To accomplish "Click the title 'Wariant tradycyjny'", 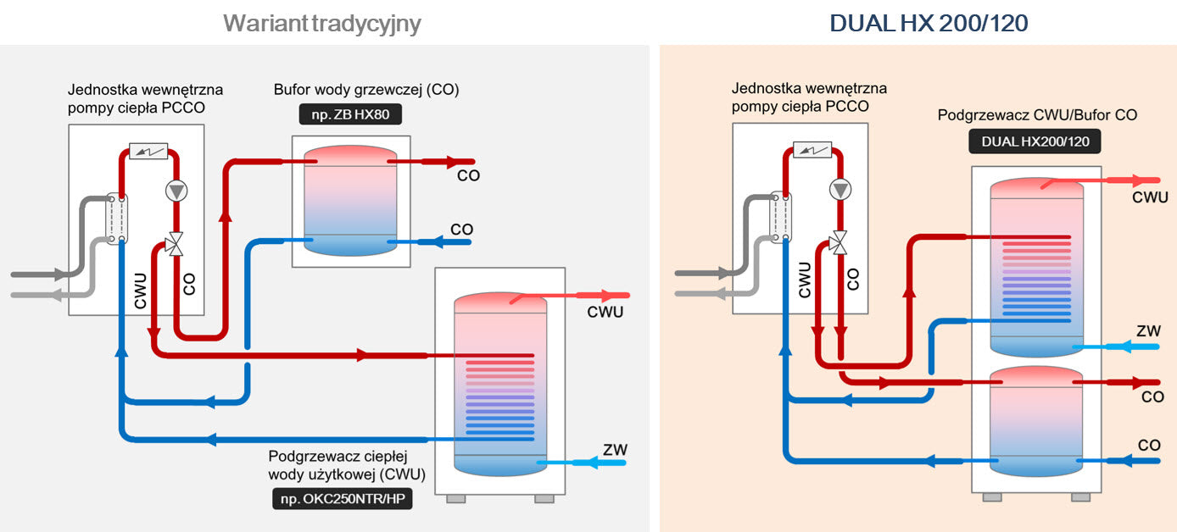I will (x=322, y=23).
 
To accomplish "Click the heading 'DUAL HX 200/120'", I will (x=929, y=23).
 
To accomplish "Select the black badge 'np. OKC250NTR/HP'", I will (x=342, y=499).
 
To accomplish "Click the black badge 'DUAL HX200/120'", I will (x=1035, y=141).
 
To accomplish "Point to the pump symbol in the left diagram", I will (x=176, y=191).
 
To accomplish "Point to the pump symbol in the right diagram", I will (x=840, y=191).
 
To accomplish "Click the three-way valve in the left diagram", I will (x=176, y=245).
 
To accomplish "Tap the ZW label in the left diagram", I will (x=615, y=450).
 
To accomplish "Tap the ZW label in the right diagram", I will (x=1148, y=331).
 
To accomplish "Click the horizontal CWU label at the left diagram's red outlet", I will (x=605, y=313).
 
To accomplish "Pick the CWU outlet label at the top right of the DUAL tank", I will (x=1151, y=197).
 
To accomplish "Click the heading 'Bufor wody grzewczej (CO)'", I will (x=366, y=90).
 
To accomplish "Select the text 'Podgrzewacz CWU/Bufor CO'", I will (x=1037, y=114).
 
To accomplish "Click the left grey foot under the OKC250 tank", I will (x=455, y=499).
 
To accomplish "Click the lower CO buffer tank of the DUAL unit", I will (x=1037, y=419).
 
